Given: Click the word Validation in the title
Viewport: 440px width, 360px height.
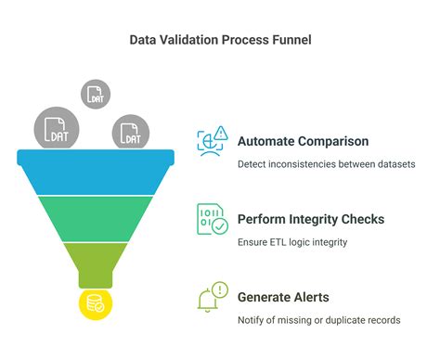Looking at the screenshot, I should coord(182,41).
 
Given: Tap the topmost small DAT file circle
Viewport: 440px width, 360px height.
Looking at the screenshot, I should coord(96,94).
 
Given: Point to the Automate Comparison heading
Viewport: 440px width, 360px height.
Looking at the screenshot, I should coord(304,142).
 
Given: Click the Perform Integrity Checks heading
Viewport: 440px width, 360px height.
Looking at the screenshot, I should coord(311,220).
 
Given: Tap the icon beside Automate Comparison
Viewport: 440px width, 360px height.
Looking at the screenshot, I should coord(213,142).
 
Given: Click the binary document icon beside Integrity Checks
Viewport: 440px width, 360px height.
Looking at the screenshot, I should coord(213,220).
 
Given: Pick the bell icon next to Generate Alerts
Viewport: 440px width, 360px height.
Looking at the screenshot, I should coord(213,298).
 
